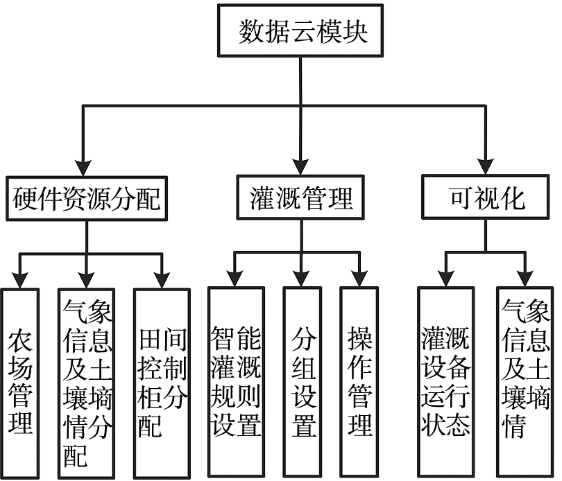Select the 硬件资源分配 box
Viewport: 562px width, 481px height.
pos(87,200)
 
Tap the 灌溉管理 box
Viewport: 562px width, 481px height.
pos(300,200)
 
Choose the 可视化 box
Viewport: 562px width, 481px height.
pos(485,200)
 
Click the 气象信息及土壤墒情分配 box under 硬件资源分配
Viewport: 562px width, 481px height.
pos(85,382)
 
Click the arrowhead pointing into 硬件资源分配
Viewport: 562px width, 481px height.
pos(84,166)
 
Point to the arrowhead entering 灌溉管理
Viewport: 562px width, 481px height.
pos(300,166)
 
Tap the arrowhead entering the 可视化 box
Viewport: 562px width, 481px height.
pos(485,166)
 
